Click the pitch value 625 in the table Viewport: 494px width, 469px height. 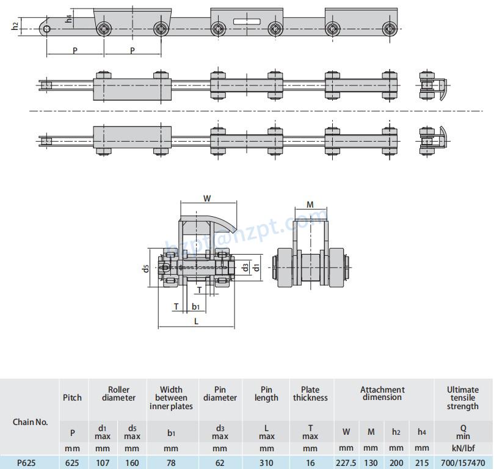tap(72, 463)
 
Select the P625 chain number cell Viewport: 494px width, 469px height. tap(26, 463)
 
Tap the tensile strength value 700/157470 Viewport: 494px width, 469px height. tap(462, 463)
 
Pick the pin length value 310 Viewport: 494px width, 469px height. tap(266, 463)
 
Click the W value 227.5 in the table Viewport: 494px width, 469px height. tap(346, 463)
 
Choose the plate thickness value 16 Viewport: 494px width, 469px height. tap(310, 463)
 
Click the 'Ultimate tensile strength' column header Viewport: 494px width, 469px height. tap(462, 398)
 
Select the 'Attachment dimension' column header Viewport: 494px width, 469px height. tap(382, 393)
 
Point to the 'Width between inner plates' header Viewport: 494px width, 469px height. tap(171, 398)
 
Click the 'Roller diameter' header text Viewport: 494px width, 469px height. tap(118, 393)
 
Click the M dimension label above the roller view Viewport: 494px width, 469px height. tap(310, 205)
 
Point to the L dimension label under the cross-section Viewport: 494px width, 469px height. tap(195, 320)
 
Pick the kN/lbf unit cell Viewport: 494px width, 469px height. tap(462, 448)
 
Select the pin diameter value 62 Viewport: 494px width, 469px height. tap(220, 463)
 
